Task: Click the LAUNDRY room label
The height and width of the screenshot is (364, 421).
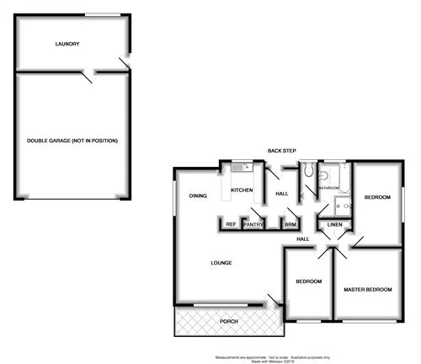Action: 67,44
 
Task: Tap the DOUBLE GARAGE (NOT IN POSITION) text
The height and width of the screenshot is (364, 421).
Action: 72,140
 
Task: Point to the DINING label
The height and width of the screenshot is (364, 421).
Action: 198,195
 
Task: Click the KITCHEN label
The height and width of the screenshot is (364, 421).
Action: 242,190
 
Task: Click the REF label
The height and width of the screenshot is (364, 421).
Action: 230,224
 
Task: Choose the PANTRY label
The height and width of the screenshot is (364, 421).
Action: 253,224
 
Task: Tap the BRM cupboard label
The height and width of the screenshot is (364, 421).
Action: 289,224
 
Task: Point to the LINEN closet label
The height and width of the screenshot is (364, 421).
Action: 334,225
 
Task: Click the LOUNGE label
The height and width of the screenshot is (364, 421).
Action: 221,263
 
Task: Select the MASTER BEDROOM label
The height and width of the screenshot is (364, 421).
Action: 368,290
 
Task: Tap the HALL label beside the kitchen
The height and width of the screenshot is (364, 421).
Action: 282,195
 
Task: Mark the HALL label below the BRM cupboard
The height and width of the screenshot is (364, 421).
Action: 303,239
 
